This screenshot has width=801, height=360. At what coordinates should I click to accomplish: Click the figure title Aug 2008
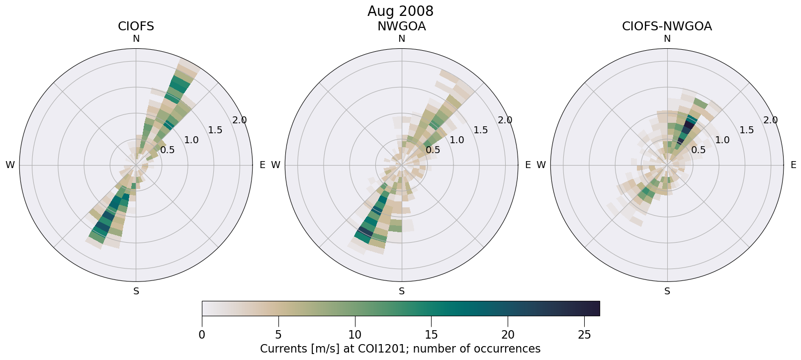click(400, 11)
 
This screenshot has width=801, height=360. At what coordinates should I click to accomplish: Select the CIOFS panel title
click(136, 26)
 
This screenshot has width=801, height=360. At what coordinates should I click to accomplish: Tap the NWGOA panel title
click(401, 26)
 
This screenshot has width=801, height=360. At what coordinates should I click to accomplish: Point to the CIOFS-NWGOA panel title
click(667, 26)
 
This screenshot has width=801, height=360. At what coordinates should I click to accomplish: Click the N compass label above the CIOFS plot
click(136, 39)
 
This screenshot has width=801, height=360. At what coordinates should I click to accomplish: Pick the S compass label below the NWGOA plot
click(402, 291)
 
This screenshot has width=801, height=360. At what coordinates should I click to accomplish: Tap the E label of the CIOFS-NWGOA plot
click(793, 165)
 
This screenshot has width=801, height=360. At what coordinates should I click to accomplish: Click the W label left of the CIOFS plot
click(10, 165)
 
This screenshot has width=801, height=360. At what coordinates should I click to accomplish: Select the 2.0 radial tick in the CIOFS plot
click(240, 120)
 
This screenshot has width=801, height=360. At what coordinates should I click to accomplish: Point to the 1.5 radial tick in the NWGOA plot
click(481, 130)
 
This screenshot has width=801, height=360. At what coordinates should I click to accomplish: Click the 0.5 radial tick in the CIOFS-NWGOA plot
click(698, 150)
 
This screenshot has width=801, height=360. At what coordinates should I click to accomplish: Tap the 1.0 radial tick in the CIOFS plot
click(191, 140)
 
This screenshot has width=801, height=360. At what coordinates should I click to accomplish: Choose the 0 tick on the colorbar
click(202, 335)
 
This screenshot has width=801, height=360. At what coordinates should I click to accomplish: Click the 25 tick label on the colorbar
click(584, 335)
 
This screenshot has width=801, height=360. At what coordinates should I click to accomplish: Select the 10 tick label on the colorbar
click(355, 335)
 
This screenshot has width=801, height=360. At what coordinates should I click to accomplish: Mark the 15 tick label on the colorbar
click(431, 335)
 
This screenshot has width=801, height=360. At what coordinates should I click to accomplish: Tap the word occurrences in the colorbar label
click(509, 349)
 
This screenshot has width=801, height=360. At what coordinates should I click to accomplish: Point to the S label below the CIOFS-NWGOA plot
click(667, 291)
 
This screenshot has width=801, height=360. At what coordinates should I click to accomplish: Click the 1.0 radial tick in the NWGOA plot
click(457, 140)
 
